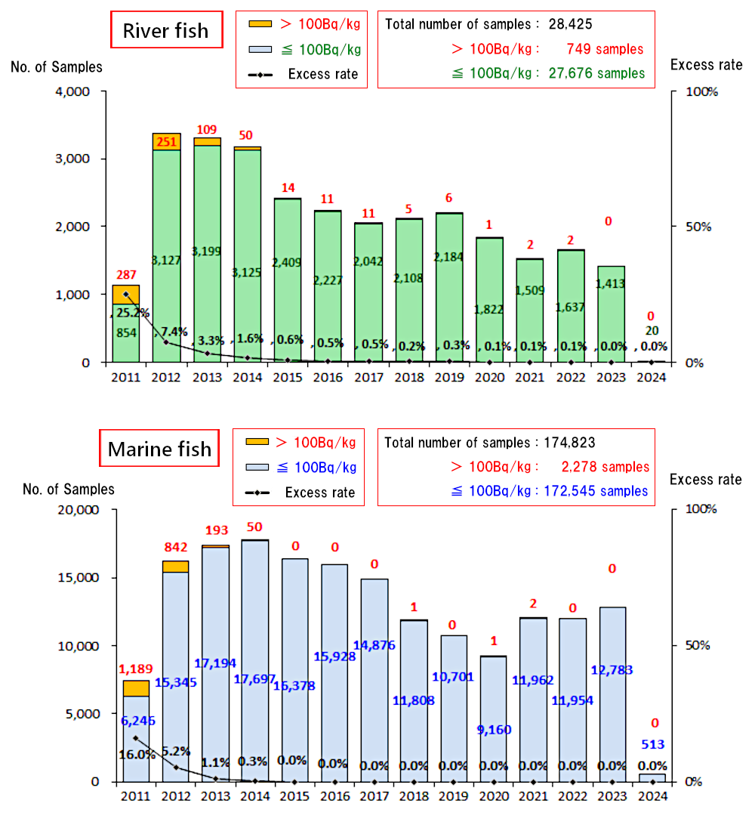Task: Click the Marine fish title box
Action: click(x=159, y=450)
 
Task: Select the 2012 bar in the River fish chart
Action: click(x=166, y=249)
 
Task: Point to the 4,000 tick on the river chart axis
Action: click(x=73, y=92)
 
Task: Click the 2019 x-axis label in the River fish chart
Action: click(x=449, y=378)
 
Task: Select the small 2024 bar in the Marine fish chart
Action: click(x=652, y=777)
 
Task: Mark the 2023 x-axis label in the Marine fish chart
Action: click(x=612, y=796)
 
